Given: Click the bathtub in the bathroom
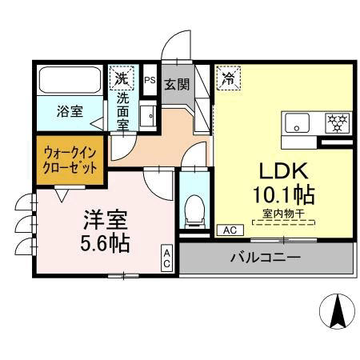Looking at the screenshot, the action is pos(70,80).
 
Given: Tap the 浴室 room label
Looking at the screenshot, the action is pos(70,111).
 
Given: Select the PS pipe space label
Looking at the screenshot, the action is pos(150,80).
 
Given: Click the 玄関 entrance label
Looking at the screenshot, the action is pos(177,84).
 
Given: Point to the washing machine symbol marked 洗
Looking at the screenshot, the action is pos(122,78).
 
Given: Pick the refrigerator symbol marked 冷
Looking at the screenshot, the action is pos(229,78).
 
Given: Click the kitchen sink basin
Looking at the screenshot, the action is pos(297,123).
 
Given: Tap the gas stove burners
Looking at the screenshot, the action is pos(337,123).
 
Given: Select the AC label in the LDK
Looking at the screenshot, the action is pos(230,230).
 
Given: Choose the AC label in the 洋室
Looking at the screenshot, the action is pos(167,258).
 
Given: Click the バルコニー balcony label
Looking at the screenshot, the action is pos(266,258).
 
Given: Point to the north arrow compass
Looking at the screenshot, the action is pos(337,311).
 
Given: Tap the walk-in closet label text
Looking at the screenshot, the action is pos(70,160).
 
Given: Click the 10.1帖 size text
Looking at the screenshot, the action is pos(284,194).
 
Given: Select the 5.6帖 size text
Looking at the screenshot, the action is pos(105,243).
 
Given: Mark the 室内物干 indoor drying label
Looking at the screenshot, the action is pos(283,214).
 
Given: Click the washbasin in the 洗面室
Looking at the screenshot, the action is pos(148,116).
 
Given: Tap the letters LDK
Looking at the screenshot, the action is pos(284,170).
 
